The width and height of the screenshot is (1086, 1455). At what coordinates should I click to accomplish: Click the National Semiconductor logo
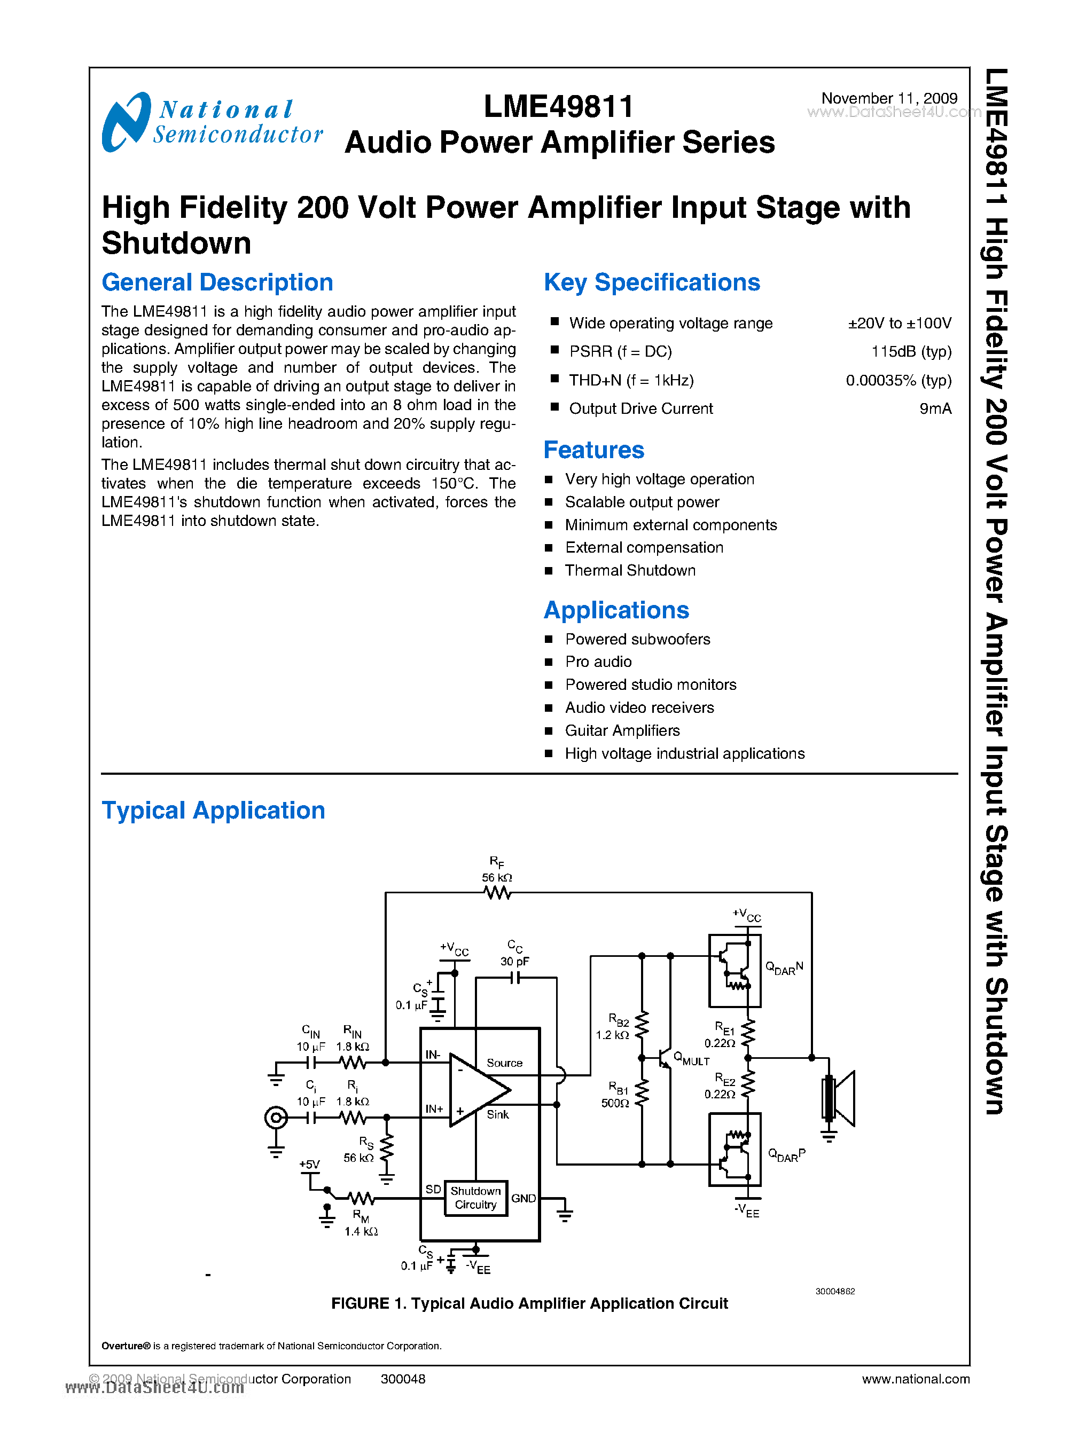[x=212, y=122]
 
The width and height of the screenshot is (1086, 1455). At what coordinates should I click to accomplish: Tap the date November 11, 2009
[x=889, y=98]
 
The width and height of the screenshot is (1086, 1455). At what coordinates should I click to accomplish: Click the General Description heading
[x=217, y=282]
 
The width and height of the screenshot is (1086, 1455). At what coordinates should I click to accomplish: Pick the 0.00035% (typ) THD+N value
[x=898, y=381]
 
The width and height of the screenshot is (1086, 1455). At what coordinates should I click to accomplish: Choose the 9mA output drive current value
[x=935, y=409]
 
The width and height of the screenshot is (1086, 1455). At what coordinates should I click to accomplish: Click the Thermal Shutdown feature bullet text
[x=630, y=570]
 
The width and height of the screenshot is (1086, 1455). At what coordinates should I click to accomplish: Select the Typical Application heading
[x=213, y=811]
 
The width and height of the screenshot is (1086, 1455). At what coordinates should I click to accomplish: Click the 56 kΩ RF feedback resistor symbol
[x=497, y=892]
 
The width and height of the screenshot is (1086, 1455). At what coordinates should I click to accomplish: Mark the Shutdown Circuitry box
[x=475, y=1198]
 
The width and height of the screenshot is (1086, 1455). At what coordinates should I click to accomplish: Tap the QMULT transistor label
[x=692, y=1059]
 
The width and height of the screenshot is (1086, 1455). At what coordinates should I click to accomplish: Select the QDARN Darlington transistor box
[x=735, y=970]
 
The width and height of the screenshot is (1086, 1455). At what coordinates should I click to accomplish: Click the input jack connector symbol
[x=276, y=1117]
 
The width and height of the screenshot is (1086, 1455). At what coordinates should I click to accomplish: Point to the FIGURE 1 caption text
[x=529, y=1303]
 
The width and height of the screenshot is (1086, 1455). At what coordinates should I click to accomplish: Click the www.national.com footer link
[x=915, y=1379]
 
